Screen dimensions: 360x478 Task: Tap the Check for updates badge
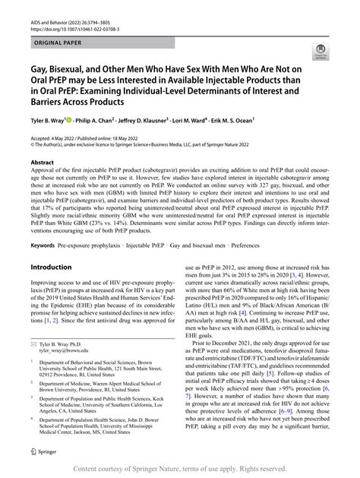[330, 52]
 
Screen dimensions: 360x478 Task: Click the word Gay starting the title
[38, 68]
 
